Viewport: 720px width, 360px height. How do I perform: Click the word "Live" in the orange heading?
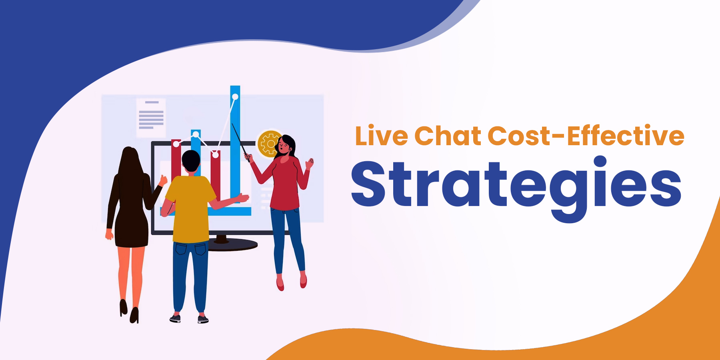[x=381, y=136]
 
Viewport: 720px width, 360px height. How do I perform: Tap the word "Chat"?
[x=448, y=136]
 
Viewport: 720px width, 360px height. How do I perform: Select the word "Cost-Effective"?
[x=586, y=136]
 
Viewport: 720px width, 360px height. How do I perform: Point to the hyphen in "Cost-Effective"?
[x=558, y=137]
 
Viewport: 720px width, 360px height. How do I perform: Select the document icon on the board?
[x=151, y=118]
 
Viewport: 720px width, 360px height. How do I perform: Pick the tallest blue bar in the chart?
[x=235, y=144]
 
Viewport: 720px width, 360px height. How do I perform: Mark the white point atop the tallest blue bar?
[x=235, y=96]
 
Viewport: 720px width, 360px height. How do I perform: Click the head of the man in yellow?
[x=191, y=161]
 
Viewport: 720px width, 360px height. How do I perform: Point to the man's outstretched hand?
[x=242, y=198]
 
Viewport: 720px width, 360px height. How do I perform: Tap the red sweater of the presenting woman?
[x=284, y=182]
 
